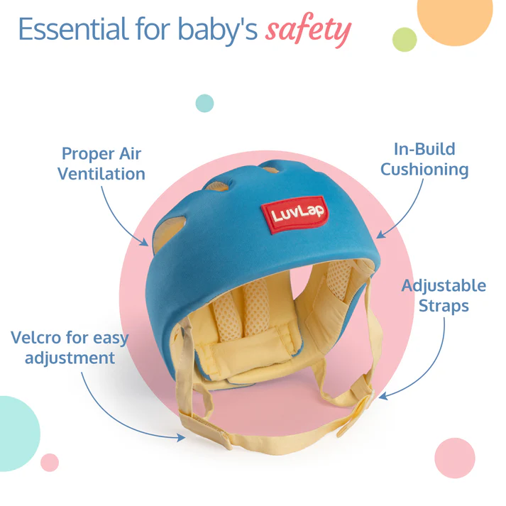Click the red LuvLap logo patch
point(295,214)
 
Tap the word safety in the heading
point(308,30)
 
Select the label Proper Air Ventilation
point(101,164)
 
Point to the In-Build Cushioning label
point(424,160)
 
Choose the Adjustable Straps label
point(444,296)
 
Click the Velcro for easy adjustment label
point(70,348)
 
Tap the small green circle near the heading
point(405,40)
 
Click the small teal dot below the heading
point(204,104)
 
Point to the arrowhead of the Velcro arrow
point(182,437)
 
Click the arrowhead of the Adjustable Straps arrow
point(383,396)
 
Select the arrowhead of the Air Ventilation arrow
point(144,242)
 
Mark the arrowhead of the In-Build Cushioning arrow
point(381,234)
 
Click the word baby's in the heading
point(218,30)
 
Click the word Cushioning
point(424,170)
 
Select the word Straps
point(444,306)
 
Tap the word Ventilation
point(101,174)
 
